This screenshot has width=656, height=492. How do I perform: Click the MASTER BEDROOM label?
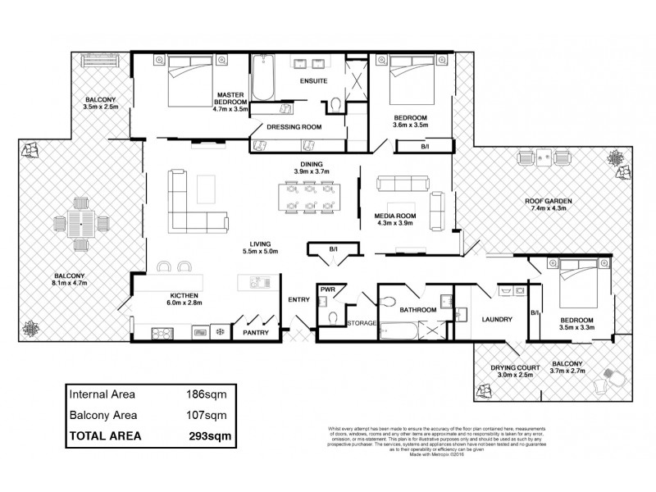click(x=230, y=97)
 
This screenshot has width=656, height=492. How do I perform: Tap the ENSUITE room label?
click(x=313, y=81)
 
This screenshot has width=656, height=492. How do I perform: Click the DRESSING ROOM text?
click(x=294, y=127)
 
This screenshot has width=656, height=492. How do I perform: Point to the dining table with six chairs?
click(x=307, y=197)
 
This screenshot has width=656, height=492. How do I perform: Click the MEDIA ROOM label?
click(x=391, y=215)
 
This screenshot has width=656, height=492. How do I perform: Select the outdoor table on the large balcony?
click(x=80, y=224)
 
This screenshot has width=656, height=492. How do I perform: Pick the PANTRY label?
click(x=255, y=333)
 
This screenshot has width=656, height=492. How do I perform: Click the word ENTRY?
click(x=298, y=300)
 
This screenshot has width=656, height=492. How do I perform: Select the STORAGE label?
click(x=362, y=323)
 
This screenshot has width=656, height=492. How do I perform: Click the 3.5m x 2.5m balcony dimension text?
click(x=102, y=107)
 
